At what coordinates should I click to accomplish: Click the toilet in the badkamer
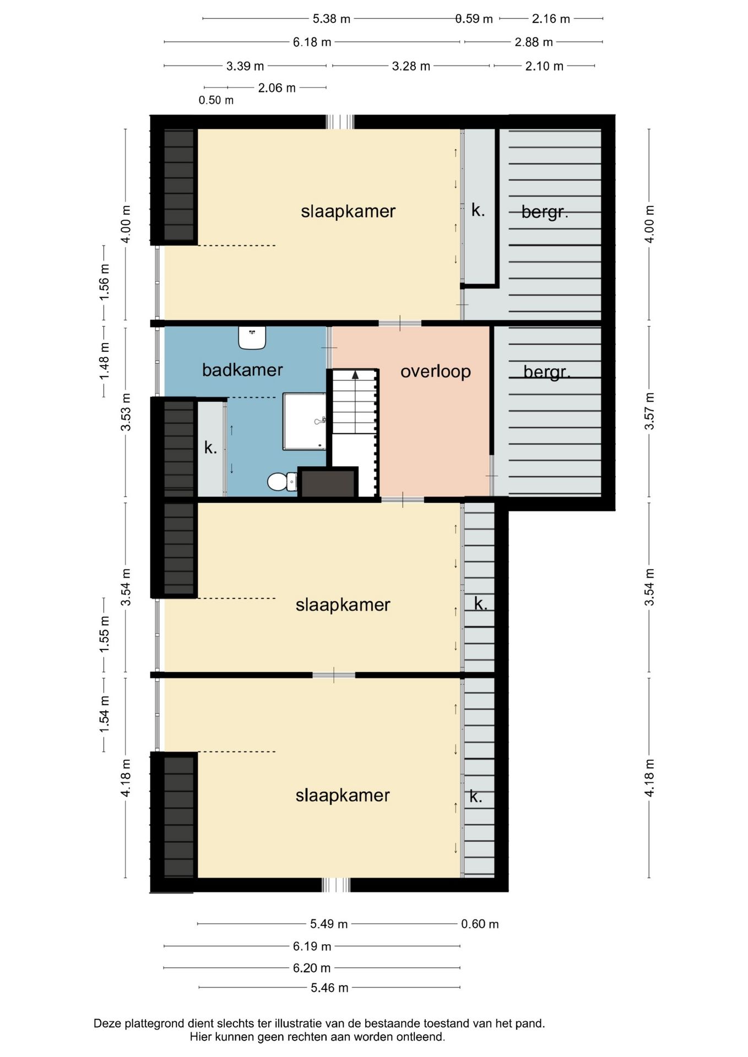[281, 481]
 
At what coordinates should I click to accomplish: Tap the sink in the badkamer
[252, 337]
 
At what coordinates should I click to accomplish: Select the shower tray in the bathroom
[305, 421]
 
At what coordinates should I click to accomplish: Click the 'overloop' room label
[436, 372]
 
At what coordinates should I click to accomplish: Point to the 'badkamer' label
[242, 370]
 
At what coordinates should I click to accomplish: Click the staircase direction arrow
[355, 374]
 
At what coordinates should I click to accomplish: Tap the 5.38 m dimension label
[332, 19]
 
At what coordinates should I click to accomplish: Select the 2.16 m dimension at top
[551, 19]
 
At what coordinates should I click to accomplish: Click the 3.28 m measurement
[411, 66]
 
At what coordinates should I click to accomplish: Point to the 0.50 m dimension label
[216, 100]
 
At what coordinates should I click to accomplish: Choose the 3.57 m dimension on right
[649, 411]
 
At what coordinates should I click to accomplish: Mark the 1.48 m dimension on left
[104, 361]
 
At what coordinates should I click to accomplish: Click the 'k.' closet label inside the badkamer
[210, 448]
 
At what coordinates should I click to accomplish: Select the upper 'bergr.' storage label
[545, 212]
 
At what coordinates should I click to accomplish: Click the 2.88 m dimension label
[534, 42]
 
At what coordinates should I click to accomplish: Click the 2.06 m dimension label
[277, 88]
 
